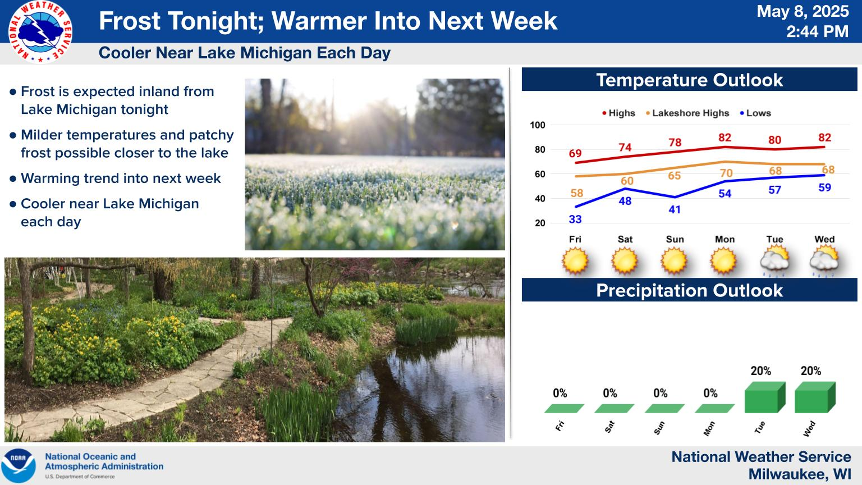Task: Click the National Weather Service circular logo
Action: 40,32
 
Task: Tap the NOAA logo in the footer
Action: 19,466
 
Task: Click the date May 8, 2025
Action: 803,11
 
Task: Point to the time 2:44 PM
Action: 817,31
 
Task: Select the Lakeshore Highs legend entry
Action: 687,113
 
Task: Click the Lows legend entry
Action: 755,113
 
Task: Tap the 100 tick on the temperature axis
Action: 538,125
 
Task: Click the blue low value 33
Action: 575,219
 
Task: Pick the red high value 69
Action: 575,154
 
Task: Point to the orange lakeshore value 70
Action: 726,173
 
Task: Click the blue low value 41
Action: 674,209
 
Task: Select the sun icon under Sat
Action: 625,260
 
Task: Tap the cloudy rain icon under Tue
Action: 774,262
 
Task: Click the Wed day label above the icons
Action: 824,239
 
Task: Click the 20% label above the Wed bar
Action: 811,370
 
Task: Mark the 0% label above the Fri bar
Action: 560,393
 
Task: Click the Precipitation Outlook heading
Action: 689,290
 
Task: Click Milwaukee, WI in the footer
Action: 800,474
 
